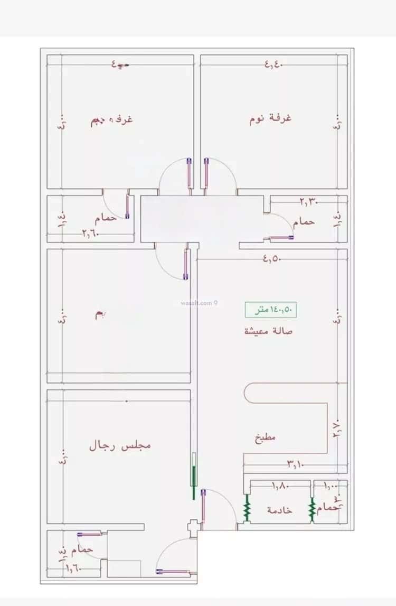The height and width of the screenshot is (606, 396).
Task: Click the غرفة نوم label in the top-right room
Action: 270,118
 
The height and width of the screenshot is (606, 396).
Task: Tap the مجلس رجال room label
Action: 120,445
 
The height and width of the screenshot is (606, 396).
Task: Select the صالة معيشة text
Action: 268,331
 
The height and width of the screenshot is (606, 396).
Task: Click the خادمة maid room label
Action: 280,510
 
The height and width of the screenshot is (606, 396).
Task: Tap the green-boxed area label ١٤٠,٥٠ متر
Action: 270,310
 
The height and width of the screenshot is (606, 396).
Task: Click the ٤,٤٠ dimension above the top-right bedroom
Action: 274,64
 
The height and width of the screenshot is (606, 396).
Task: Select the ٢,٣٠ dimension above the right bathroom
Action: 309,201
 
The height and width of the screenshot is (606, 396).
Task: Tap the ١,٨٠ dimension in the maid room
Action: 280,486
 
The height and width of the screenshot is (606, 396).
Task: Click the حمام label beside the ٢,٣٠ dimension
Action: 304,222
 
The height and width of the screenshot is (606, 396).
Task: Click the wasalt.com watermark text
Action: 195,303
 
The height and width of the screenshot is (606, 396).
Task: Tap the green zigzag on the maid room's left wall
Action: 246,508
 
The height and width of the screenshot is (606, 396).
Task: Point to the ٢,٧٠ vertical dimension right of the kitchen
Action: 337,426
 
